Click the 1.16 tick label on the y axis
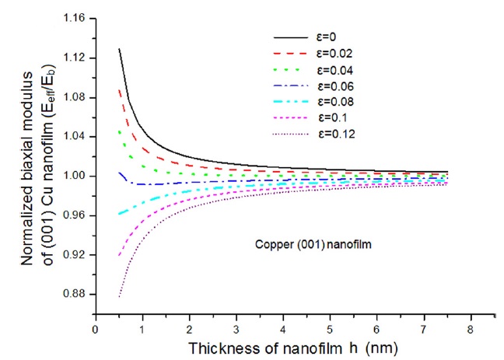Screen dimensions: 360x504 75,19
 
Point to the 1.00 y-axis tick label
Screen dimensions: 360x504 75,177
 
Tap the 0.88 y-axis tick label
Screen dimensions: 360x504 75,295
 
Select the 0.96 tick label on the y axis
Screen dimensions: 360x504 75,215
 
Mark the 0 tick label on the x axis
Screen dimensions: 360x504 95,330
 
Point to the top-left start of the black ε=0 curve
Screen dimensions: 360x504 118,49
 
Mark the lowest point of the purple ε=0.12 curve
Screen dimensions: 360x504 118,297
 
